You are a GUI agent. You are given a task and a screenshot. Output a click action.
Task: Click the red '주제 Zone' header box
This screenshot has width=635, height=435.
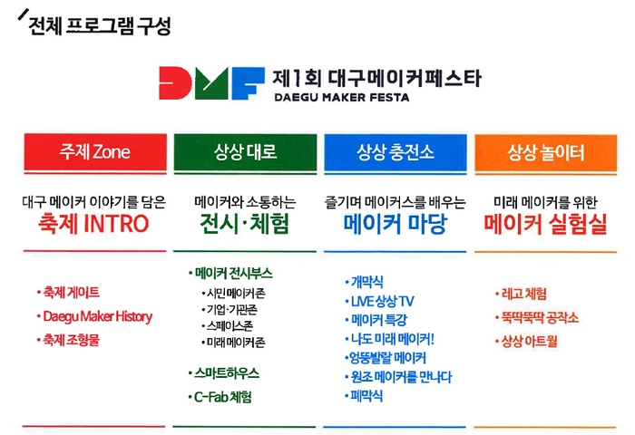(x=95, y=151)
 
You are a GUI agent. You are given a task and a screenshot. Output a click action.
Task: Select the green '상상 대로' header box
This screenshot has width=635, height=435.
(x=245, y=151)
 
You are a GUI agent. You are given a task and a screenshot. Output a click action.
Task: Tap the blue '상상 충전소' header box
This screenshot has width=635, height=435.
(x=396, y=151)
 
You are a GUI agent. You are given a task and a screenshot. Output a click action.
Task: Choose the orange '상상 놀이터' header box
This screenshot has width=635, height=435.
(x=545, y=151)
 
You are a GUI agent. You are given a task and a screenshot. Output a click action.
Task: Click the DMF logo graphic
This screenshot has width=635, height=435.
(x=211, y=83)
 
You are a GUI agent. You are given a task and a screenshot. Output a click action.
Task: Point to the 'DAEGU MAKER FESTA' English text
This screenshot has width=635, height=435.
(x=342, y=98)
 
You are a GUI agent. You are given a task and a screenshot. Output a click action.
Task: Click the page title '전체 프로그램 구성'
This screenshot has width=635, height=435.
(x=100, y=26)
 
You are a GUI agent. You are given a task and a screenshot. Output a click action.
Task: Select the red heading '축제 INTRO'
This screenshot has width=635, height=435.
(x=94, y=224)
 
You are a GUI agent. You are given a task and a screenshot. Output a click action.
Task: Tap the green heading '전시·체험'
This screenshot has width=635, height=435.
(x=245, y=224)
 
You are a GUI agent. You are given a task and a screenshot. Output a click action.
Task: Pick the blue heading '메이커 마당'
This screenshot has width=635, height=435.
(x=396, y=224)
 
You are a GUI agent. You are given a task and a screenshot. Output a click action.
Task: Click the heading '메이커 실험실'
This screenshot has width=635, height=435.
(x=545, y=224)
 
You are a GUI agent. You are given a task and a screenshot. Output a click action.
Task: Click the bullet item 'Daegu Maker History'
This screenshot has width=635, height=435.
(x=97, y=316)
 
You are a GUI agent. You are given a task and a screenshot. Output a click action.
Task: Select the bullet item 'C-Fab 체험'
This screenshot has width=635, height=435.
(x=222, y=397)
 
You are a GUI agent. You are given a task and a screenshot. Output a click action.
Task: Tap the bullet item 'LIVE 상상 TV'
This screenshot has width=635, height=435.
(x=382, y=301)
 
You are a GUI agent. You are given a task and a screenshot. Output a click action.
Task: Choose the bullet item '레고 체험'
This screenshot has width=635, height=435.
(x=523, y=294)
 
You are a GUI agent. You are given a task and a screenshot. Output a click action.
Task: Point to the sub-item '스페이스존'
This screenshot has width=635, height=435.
(x=230, y=325)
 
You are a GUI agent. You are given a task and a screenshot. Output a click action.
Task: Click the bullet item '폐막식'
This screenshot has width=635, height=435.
(x=366, y=396)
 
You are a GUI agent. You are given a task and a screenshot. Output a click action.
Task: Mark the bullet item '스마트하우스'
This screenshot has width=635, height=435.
(x=227, y=373)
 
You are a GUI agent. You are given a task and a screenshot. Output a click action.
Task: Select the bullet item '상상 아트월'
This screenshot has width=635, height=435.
(x=529, y=341)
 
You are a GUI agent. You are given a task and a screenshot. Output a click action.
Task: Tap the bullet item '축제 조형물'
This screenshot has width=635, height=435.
(x=71, y=340)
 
